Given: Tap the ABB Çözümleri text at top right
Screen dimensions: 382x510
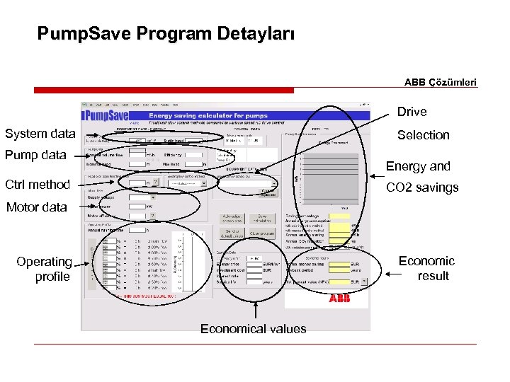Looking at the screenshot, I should (441, 82).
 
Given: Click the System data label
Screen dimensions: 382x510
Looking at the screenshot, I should (40, 134).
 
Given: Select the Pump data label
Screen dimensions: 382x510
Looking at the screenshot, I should (35, 155).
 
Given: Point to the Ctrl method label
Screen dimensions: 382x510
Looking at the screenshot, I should (38, 185).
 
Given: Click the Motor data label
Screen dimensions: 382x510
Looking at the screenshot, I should (36, 207).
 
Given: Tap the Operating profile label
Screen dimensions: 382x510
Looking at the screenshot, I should (45, 269).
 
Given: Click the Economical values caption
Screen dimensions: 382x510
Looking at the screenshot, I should (253, 328).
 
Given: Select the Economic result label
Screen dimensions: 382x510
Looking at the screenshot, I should (426, 268).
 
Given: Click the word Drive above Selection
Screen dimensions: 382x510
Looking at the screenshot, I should (412, 112).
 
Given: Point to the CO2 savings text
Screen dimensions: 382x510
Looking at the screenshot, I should (421, 187).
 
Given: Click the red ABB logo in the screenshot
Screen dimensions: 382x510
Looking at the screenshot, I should (339, 299).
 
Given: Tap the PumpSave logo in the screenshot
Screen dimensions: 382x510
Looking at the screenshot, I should (106, 115).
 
